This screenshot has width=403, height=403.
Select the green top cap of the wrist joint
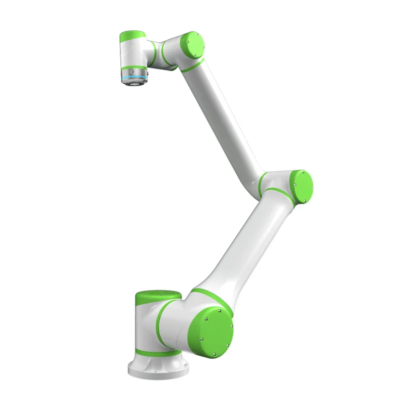pos(132,37)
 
